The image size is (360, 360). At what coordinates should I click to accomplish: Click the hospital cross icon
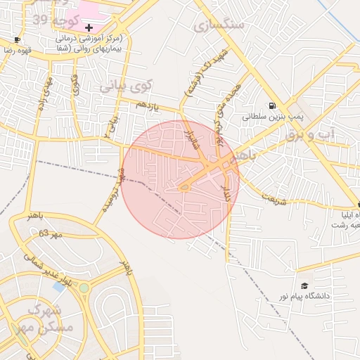pyautogui.click(x=89, y=26)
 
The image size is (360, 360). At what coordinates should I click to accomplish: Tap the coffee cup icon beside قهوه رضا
pyautogui.click(x=18, y=39)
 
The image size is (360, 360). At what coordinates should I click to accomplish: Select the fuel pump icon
pyautogui.click(x=271, y=105)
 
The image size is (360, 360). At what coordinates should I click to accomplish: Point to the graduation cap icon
pyautogui.click(x=304, y=285)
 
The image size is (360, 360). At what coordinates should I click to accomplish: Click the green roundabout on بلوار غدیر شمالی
pyautogui.click(x=84, y=288)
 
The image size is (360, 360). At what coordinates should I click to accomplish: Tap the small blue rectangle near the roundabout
pyautogui.click(x=59, y=286)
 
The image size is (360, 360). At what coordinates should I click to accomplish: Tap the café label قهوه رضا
pyautogui.click(x=13, y=51)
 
